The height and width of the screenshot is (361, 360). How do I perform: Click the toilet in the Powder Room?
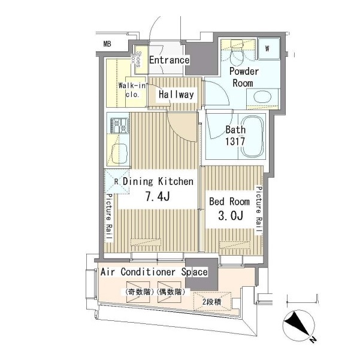[237, 53]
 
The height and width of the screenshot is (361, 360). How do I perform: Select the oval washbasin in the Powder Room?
[262, 97]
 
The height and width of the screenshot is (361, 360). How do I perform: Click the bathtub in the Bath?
[252, 136]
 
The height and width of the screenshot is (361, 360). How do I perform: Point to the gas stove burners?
[119, 126]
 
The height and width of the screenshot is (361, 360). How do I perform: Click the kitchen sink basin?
[119, 154]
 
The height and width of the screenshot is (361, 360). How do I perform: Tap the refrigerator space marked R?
[117, 182]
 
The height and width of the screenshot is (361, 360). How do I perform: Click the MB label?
[107, 44]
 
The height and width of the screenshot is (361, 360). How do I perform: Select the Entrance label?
[170, 60]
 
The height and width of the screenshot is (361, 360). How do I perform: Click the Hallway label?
[176, 95]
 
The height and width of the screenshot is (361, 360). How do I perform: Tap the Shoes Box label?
[136, 59]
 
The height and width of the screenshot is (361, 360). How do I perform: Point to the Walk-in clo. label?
[132, 90]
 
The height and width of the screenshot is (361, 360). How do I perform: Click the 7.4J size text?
[158, 196]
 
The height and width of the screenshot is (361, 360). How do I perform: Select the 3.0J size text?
[231, 216]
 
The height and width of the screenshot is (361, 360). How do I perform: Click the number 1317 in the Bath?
[235, 141]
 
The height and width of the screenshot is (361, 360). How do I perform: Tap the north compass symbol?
[299, 325]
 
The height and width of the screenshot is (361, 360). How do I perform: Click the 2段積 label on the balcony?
[212, 302]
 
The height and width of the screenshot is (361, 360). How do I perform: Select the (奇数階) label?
[140, 292]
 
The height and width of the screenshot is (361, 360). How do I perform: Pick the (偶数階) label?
[171, 292]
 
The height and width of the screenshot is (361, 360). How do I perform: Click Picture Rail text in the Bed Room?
[259, 210]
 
